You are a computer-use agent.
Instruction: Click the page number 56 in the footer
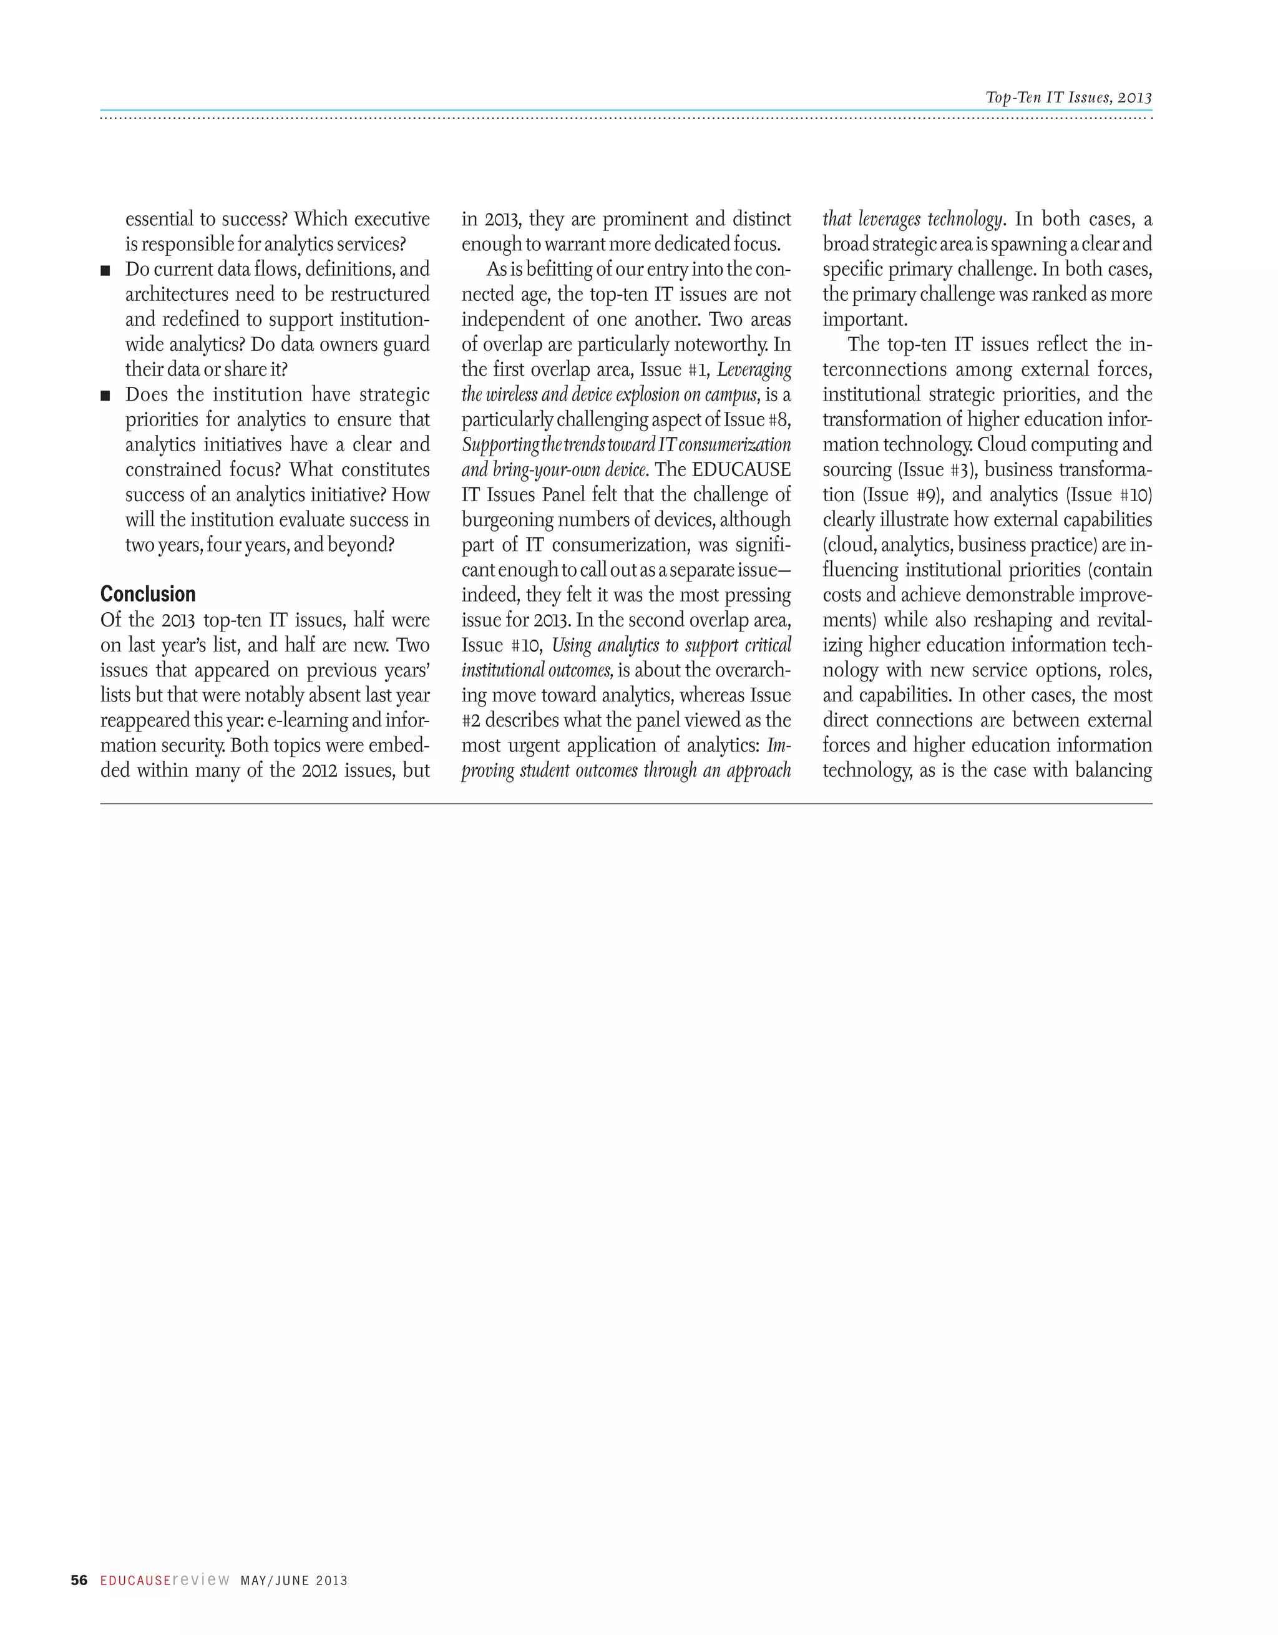pyautogui.click(x=79, y=1580)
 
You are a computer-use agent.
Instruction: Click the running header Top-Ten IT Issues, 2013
pyautogui.click(x=1068, y=97)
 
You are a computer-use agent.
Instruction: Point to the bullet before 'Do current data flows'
pyautogui.click(x=105, y=270)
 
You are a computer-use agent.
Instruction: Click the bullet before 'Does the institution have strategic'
pyautogui.click(x=105, y=395)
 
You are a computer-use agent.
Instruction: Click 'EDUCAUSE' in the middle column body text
pyautogui.click(x=741, y=469)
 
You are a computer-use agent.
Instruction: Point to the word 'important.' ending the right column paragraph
pyautogui.click(x=865, y=319)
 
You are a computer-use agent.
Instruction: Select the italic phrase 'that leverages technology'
pyautogui.click(x=912, y=218)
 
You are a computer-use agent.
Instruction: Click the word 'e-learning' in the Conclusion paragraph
pyautogui.click(x=308, y=720)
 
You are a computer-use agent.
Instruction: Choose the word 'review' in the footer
pyautogui.click(x=202, y=1579)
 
